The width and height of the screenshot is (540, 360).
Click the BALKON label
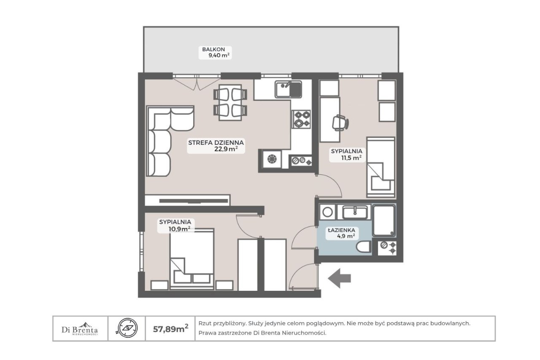[x=213, y=49]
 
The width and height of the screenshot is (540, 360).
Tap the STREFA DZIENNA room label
[x=216, y=143]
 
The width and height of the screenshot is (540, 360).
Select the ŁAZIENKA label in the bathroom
[x=341, y=230]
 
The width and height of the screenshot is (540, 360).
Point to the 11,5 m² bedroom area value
[x=351, y=158]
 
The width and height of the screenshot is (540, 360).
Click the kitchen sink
[x=289, y=89]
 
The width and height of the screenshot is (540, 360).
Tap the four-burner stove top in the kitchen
[x=301, y=119]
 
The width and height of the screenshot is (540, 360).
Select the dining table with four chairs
[x=230, y=103]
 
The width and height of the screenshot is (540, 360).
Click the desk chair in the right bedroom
[x=340, y=123]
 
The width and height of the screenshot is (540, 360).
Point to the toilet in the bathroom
[x=364, y=246]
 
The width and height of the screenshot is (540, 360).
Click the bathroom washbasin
[x=355, y=212]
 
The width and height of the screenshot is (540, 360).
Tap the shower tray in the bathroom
[x=384, y=220]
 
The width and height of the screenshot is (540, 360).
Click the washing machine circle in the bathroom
[x=327, y=212]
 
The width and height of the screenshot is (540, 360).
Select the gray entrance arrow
[x=339, y=278]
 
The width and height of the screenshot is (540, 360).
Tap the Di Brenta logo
[x=80, y=328]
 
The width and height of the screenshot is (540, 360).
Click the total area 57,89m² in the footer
[x=171, y=328]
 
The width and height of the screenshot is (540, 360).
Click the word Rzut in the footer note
[x=204, y=323]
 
